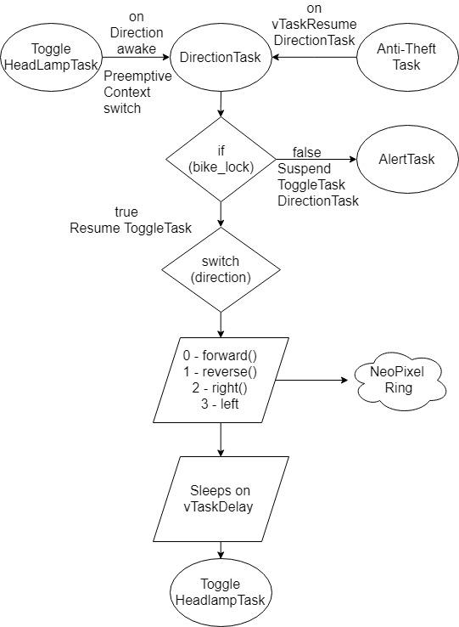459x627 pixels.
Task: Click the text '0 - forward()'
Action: point(220,355)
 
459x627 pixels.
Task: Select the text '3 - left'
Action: point(220,404)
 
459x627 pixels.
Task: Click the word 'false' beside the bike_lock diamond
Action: point(307,152)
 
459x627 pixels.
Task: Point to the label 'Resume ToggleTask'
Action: point(131,228)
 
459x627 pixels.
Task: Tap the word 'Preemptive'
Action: point(137,76)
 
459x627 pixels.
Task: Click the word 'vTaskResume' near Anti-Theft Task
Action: point(315,25)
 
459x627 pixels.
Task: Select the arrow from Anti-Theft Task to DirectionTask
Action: point(315,57)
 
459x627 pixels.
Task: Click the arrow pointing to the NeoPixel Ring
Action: point(311,380)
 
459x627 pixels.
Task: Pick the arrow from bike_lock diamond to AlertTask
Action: point(316,159)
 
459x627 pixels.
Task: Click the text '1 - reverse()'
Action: point(220,372)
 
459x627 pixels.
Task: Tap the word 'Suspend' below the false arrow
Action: point(305,169)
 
